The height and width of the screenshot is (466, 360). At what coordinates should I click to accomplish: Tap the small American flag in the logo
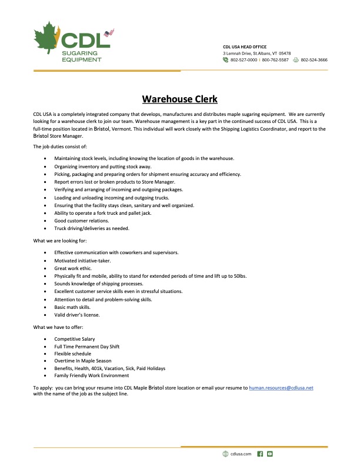coord(108,33)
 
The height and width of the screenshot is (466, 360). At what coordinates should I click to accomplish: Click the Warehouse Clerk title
coord(180,99)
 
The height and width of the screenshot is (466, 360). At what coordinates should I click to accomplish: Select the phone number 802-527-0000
coord(244,60)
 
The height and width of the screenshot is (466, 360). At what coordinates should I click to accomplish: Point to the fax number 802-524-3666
coord(314,60)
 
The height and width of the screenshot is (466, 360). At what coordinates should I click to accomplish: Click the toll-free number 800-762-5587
coord(275,60)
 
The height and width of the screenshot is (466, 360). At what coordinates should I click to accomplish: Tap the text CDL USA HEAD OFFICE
coord(245,46)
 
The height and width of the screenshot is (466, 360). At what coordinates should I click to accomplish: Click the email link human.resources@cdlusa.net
coord(281,388)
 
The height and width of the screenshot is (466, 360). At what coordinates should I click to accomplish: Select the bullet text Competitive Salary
coord(75,339)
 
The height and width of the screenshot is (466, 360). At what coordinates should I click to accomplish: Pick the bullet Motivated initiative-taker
coord(82,260)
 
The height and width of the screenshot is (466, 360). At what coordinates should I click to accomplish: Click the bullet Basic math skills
coord(73,307)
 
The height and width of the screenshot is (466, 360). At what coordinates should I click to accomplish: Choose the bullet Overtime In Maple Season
coord(83,361)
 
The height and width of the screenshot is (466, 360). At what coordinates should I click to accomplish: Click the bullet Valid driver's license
coord(77,315)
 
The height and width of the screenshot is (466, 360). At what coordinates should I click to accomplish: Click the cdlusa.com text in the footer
coord(241,454)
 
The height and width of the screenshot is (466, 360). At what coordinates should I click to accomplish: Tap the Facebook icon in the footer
coord(260,454)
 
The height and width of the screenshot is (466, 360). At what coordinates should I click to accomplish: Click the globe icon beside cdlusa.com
coord(225,454)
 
